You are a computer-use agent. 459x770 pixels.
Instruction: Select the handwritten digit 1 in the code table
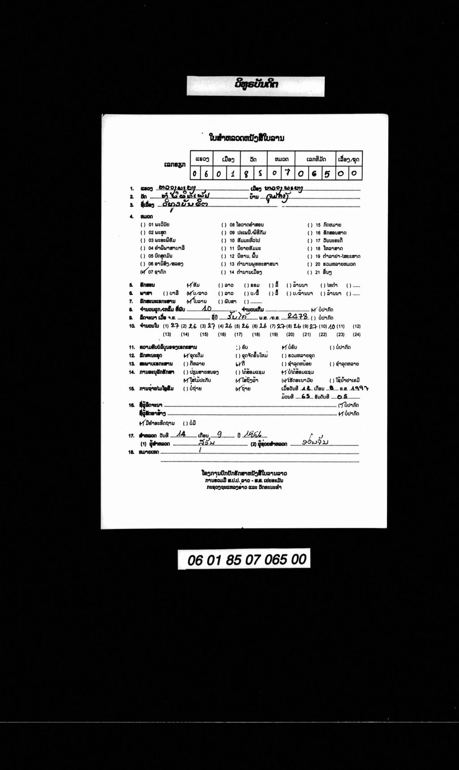[x=233, y=173]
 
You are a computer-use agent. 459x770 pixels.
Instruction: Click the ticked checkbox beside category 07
[x=143, y=271]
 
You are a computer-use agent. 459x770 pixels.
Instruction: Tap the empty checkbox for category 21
[x=310, y=272]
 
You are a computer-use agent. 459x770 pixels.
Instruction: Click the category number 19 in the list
[x=318, y=256]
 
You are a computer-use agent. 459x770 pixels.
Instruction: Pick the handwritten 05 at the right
[x=342, y=396]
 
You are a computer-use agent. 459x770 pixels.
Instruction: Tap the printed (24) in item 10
[x=356, y=335]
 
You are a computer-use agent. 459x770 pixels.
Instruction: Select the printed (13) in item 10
[x=167, y=335]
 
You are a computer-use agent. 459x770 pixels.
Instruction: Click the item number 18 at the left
[x=132, y=452]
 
